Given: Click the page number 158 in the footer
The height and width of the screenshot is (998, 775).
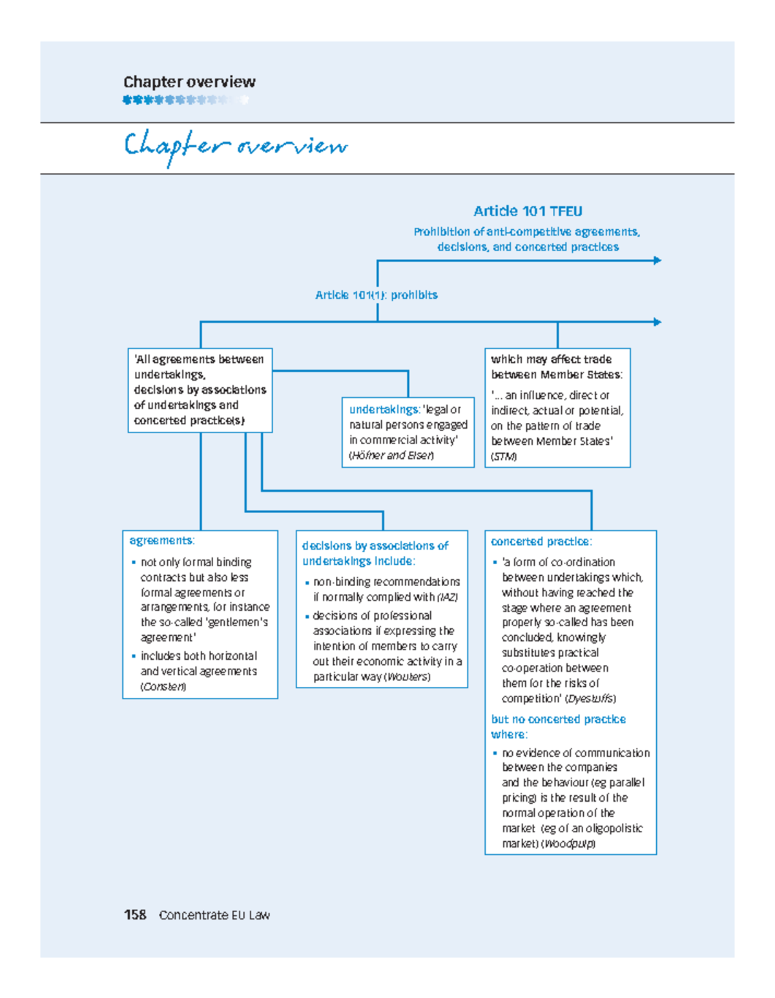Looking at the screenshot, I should tap(135, 915).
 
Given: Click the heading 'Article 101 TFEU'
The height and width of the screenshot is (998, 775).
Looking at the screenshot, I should tap(528, 211).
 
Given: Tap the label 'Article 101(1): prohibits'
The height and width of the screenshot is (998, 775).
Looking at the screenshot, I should tap(376, 295).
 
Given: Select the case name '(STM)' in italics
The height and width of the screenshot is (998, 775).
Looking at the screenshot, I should tap(504, 456).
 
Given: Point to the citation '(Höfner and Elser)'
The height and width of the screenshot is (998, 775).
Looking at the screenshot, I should tap(391, 455).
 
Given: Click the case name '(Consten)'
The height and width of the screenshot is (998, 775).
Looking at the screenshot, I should tap(163, 687).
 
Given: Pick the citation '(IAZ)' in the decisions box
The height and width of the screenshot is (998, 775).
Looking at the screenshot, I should tap(448, 597).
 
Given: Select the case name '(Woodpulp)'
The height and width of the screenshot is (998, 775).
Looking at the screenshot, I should tap(568, 844).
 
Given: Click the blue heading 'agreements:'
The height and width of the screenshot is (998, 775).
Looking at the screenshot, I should tap(161, 540).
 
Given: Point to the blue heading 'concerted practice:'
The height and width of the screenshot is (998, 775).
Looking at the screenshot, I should tap(541, 542).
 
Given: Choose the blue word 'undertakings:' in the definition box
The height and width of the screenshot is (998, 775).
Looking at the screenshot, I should tap(384, 409).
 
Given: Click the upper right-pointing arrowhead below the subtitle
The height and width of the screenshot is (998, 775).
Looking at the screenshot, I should tap(657, 261).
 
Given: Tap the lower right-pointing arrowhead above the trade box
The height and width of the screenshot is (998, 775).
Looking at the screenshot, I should tap(657, 321).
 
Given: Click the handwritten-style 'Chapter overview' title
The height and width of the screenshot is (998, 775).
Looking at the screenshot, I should tap(236, 147).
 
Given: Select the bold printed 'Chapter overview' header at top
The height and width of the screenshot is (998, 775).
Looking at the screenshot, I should tap(189, 82).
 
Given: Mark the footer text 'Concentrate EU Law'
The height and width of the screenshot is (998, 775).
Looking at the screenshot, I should tap(214, 915).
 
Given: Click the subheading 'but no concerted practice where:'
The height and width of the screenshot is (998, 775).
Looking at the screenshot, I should tap(558, 727).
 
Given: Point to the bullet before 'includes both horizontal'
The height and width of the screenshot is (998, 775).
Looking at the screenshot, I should tap(134, 656).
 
